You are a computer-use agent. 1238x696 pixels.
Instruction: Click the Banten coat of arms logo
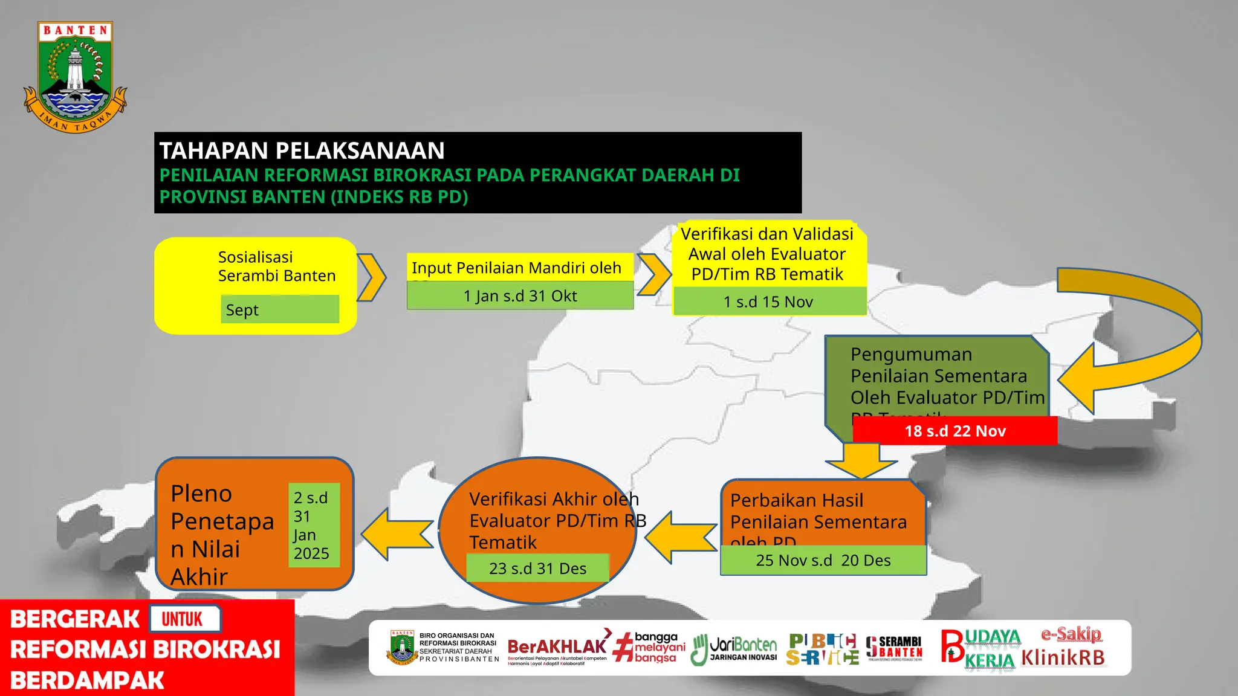click(75, 77)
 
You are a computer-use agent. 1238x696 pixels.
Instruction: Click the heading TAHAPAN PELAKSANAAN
click(302, 150)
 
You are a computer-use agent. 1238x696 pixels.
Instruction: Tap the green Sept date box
click(279, 309)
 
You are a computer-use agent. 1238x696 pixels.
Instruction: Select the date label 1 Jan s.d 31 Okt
click(520, 295)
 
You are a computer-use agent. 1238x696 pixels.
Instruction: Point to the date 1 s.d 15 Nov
click(768, 301)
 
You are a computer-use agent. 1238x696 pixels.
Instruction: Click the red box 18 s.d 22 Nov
click(954, 431)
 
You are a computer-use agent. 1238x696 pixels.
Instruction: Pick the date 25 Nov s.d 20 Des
click(823, 560)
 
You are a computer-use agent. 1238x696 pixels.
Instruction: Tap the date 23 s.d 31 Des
click(537, 569)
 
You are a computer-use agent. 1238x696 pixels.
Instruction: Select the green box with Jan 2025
click(313, 525)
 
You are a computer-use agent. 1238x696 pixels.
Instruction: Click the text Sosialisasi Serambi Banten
click(276, 266)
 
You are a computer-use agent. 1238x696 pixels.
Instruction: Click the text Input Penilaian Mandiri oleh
click(516, 268)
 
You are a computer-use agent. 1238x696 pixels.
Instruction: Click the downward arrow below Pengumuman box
click(861, 461)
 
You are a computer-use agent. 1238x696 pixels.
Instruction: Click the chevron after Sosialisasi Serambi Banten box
click(371, 277)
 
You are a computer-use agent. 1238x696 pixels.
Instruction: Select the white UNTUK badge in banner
click(184, 619)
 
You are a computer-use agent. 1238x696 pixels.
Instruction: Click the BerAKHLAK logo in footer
click(557, 648)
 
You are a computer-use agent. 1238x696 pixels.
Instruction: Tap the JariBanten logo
click(734, 649)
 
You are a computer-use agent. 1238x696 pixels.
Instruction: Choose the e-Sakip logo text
click(1071, 634)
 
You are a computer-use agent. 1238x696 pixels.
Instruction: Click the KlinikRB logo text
click(1063, 658)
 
